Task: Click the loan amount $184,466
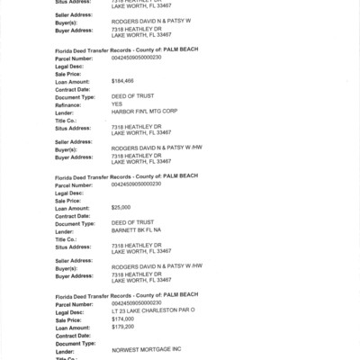pos(122,80)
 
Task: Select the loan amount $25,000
pos(121,207)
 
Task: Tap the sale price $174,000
pos(122,319)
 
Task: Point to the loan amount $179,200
pos(122,327)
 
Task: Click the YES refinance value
pos(117,103)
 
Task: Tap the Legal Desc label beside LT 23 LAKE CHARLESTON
pos(69,311)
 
